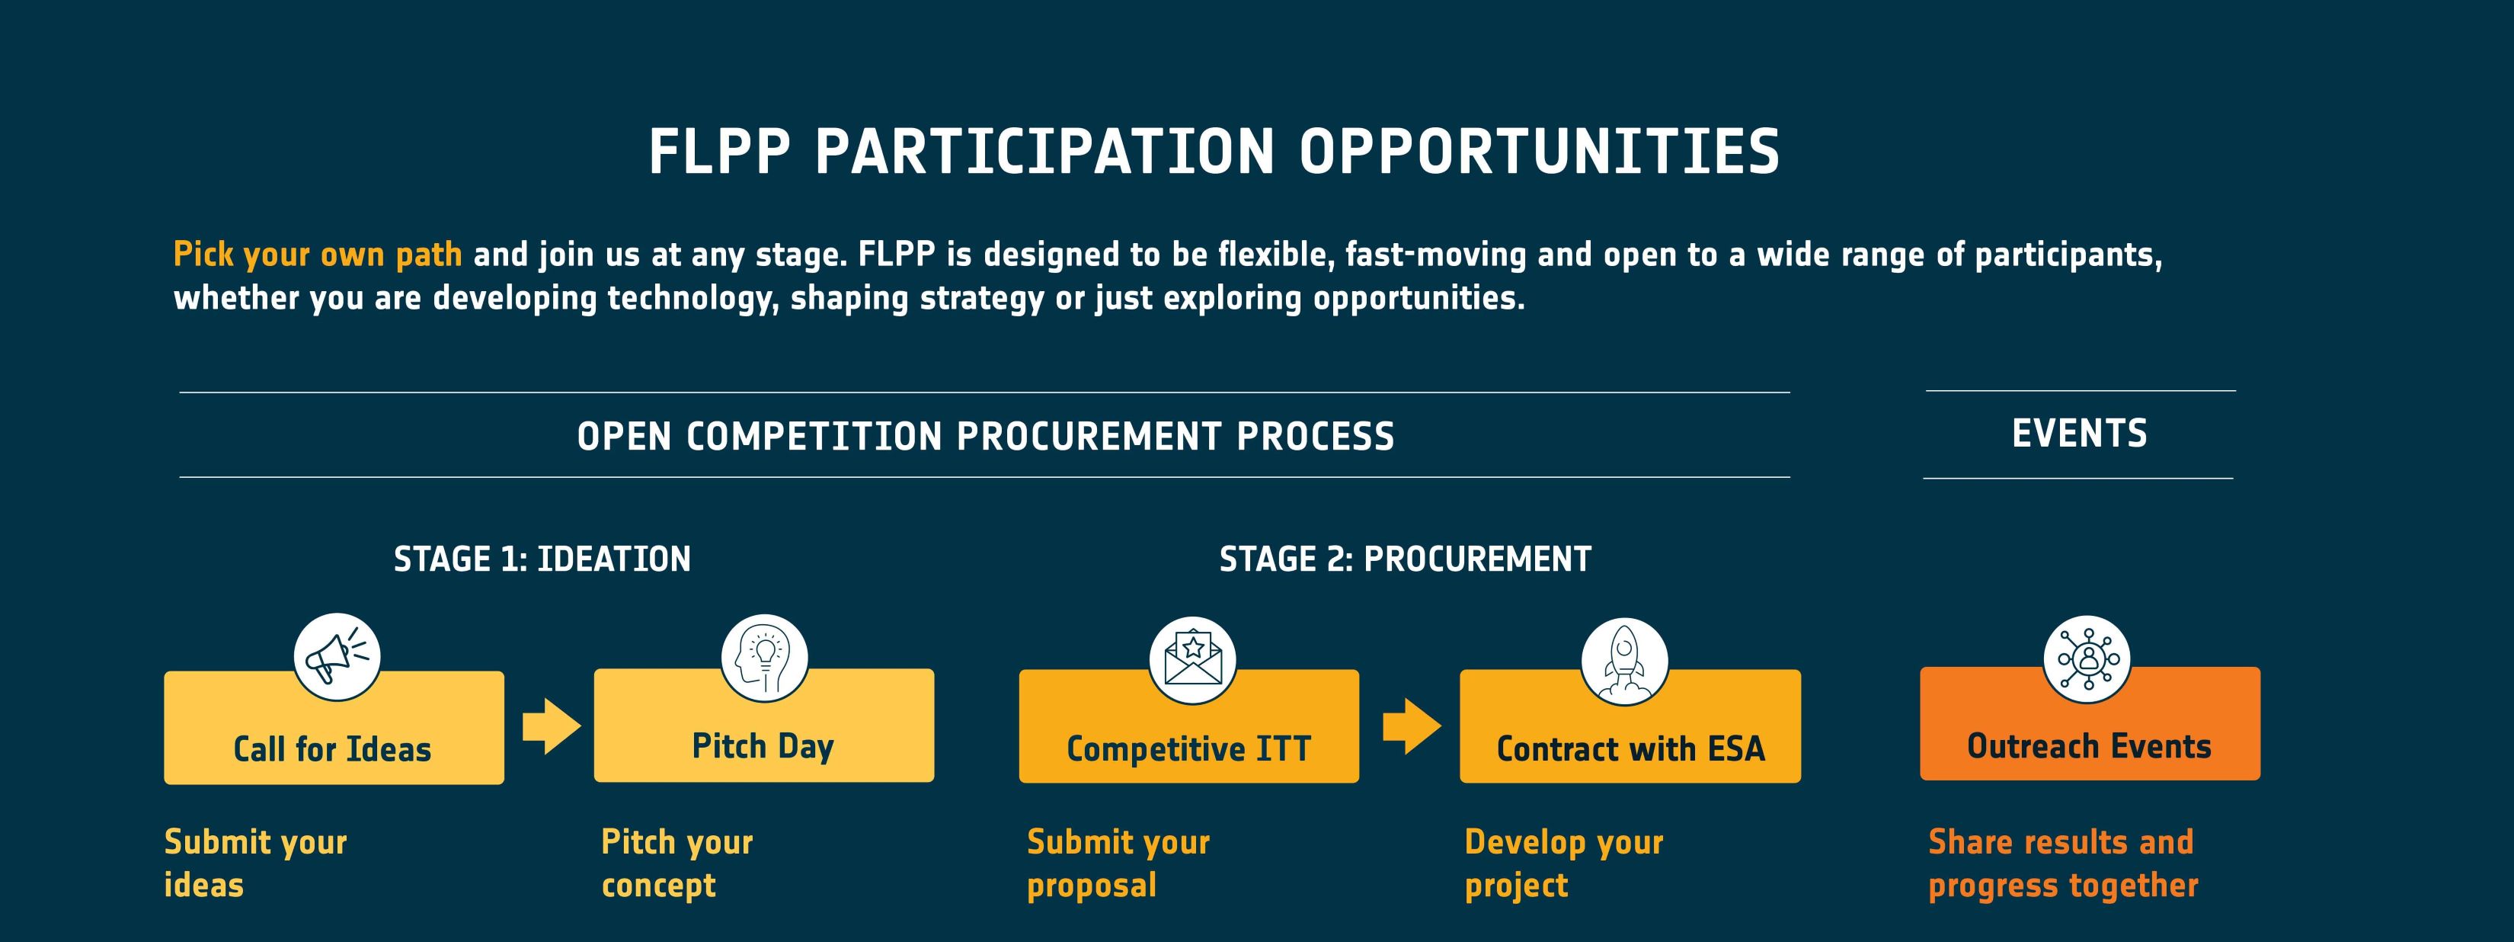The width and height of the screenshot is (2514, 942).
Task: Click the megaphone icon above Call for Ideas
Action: click(337, 656)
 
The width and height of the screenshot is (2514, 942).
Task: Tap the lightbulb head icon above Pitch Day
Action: click(764, 657)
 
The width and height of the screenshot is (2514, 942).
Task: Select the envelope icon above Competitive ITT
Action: click(1192, 659)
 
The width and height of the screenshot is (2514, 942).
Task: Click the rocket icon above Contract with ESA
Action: click(1624, 660)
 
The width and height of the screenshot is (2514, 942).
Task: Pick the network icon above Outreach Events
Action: click(2087, 658)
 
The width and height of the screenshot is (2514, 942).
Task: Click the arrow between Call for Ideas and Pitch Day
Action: click(552, 726)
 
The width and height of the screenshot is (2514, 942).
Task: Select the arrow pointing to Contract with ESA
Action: click(1411, 726)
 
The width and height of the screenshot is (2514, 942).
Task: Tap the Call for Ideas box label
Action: click(332, 748)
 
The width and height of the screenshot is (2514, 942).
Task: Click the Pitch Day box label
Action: click(763, 746)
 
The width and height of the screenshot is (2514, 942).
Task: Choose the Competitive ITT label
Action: click(1188, 748)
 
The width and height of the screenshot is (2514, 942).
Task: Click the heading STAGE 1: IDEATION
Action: click(542, 559)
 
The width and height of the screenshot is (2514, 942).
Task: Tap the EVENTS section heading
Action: click(2080, 434)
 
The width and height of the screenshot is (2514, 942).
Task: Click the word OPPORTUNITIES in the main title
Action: click(1539, 152)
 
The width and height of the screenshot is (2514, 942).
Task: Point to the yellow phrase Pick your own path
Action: click(317, 255)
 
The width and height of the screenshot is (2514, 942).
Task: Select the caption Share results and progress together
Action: click(2062, 863)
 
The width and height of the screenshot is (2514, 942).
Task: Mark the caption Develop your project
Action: click(1563, 863)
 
